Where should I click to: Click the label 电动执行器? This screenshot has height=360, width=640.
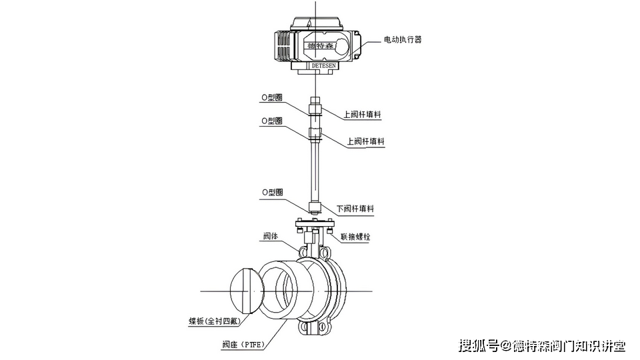(403, 40)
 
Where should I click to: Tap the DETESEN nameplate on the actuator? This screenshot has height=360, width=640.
(325, 66)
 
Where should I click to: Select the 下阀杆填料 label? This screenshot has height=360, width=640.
(355, 209)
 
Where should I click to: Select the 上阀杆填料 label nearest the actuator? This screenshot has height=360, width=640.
(363, 115)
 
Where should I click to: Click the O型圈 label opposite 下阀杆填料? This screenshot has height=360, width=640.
(272, 192)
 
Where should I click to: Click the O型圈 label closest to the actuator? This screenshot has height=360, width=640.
(272, 97)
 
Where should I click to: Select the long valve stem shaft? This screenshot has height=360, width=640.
(315, 170)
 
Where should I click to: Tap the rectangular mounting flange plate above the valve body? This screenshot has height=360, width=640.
(315, 223)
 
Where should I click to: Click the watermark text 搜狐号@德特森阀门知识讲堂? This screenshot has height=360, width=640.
(541, 345)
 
